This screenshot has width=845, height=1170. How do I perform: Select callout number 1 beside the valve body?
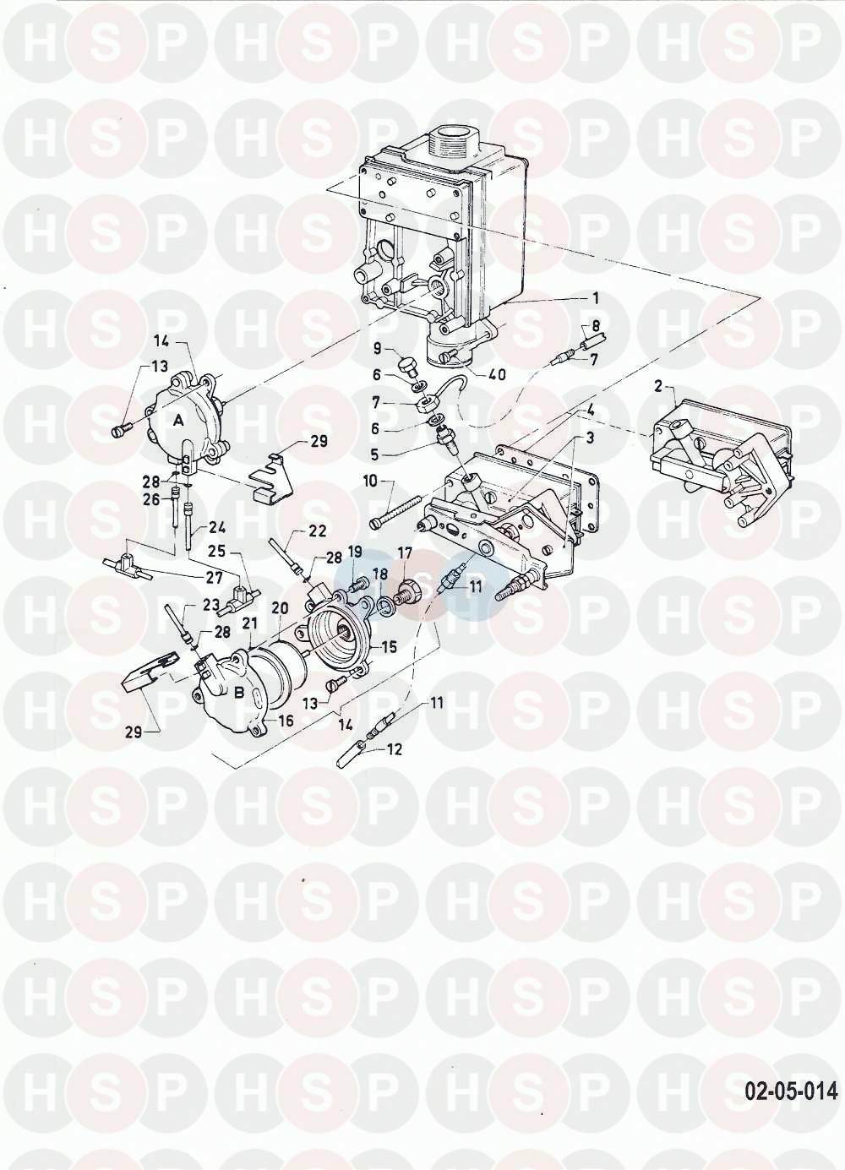pyautogui.click(x=595, y=299)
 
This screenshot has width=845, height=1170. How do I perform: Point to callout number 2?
pyautogui.click(x=658, y=388)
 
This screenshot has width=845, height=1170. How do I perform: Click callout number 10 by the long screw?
pyautogui.click(x=370, y=481)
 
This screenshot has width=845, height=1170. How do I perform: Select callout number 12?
pyautogui.click(x=394, y=749)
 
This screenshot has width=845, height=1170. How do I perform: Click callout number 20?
pyautogui.click(x=280, y=607)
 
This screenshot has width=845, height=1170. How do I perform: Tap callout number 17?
pyautogui.click(x=405, y=553)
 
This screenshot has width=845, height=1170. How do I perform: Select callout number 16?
pyautogui.click(x=286, y=721)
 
